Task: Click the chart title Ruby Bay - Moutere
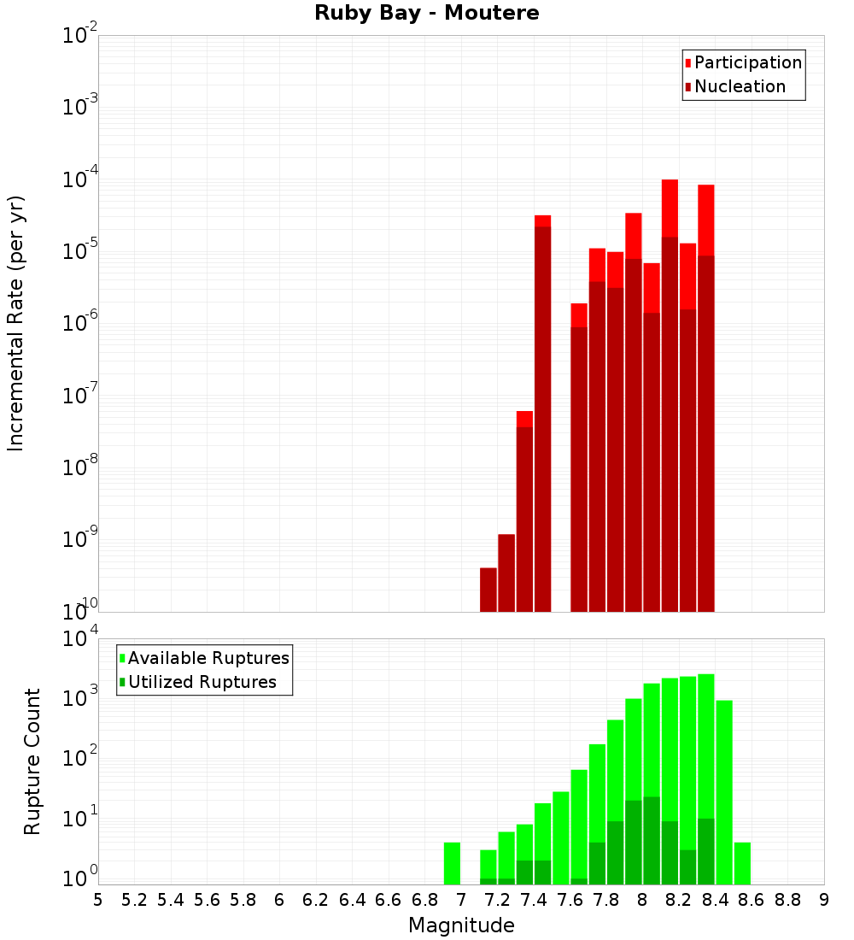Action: click(427, 14)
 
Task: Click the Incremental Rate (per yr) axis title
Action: click(15, 323)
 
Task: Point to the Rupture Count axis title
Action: click(32, 761)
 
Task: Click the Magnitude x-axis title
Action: click(461, 925)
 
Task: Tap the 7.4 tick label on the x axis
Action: click(534, 900)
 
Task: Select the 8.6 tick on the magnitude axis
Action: click(752, 900)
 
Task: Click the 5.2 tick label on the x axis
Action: click(135, 900)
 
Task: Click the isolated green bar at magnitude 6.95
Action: click(452, 863)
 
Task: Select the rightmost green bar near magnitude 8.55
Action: click(742, 863)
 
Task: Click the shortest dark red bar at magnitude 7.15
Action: click(488, 590)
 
